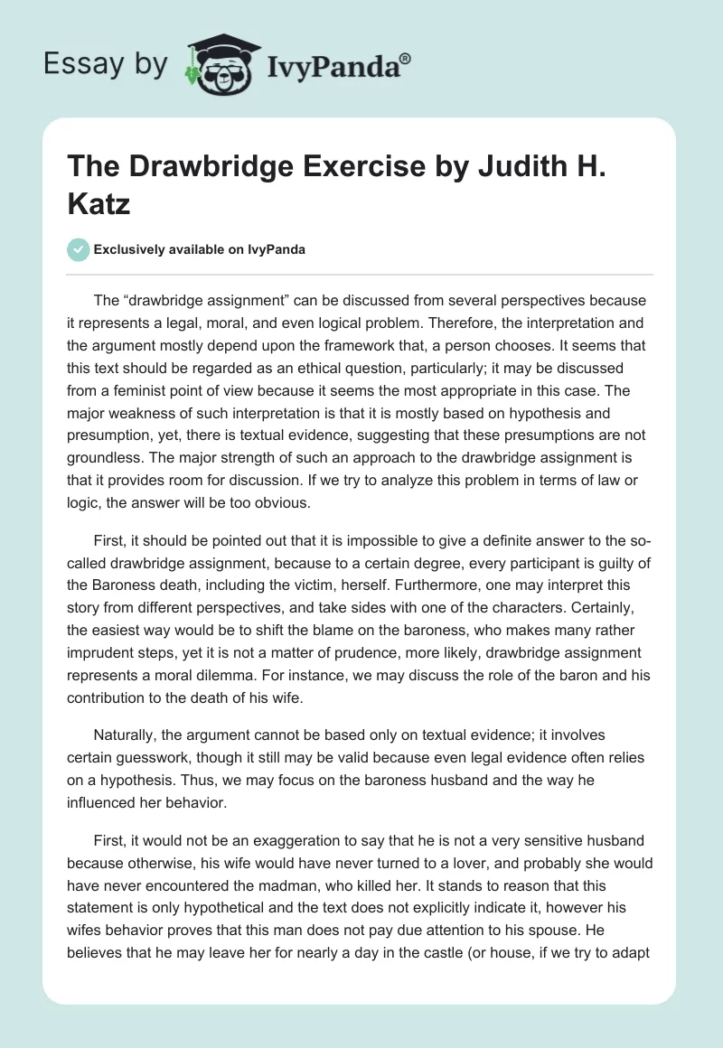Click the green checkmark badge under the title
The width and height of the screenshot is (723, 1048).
79,250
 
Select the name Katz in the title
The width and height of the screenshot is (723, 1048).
99,202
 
